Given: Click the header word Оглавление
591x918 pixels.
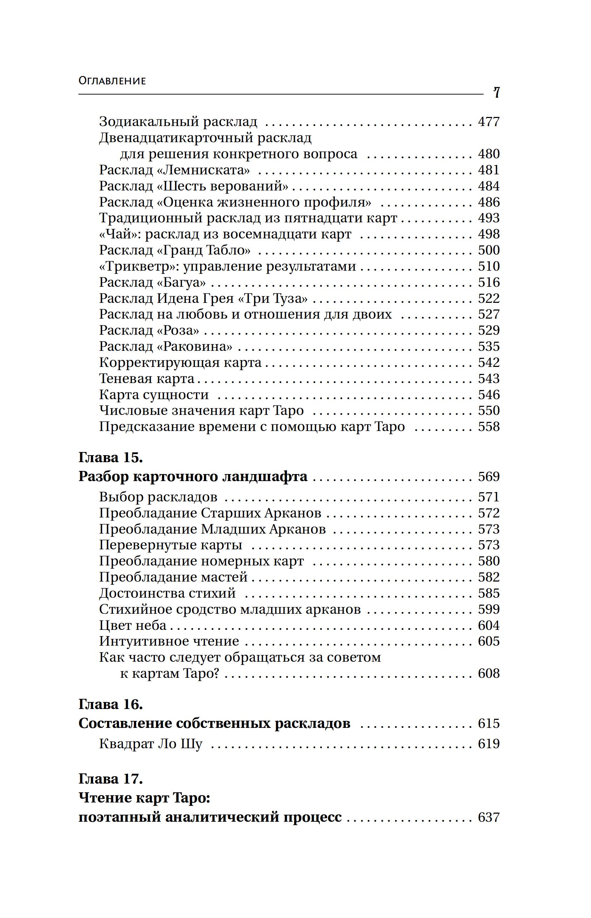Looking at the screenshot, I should pyautogui.click(x=112, y=81).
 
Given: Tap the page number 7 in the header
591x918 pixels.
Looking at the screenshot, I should pyautogui.click(x=496, y=92).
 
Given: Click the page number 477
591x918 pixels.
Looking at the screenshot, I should pyautogui.click(x=488, y=122).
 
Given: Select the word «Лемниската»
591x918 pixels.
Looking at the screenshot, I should pyautogui.click(x=204, y=170).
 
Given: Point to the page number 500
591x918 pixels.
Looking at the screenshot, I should pyautogui.click(x=488, y=250).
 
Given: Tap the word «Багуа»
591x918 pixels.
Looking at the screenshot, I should pyautogui.click(x=182, y=283).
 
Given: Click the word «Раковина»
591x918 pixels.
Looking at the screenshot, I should pyautogui.click(x=195, y=347).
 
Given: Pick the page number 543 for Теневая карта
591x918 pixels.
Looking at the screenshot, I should pyautogui.click(x=488, y=379).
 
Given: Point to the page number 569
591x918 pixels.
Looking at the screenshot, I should pyautogui.click(x=488, y=477).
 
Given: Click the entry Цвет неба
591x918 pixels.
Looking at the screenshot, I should pyautogui.click(x=133, y=625).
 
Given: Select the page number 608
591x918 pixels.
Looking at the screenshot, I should pyautogui.click(x=488, y=673).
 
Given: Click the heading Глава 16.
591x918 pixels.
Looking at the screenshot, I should pyautogui.click(x=111, y=704).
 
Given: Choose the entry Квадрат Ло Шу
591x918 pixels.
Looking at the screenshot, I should pyautogui.click(x=150, y=744).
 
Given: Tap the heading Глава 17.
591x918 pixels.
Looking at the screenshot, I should pyautogui.click(x=111, y=779).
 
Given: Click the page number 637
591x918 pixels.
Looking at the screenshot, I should pyautogui.click(x=488, y=817).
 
